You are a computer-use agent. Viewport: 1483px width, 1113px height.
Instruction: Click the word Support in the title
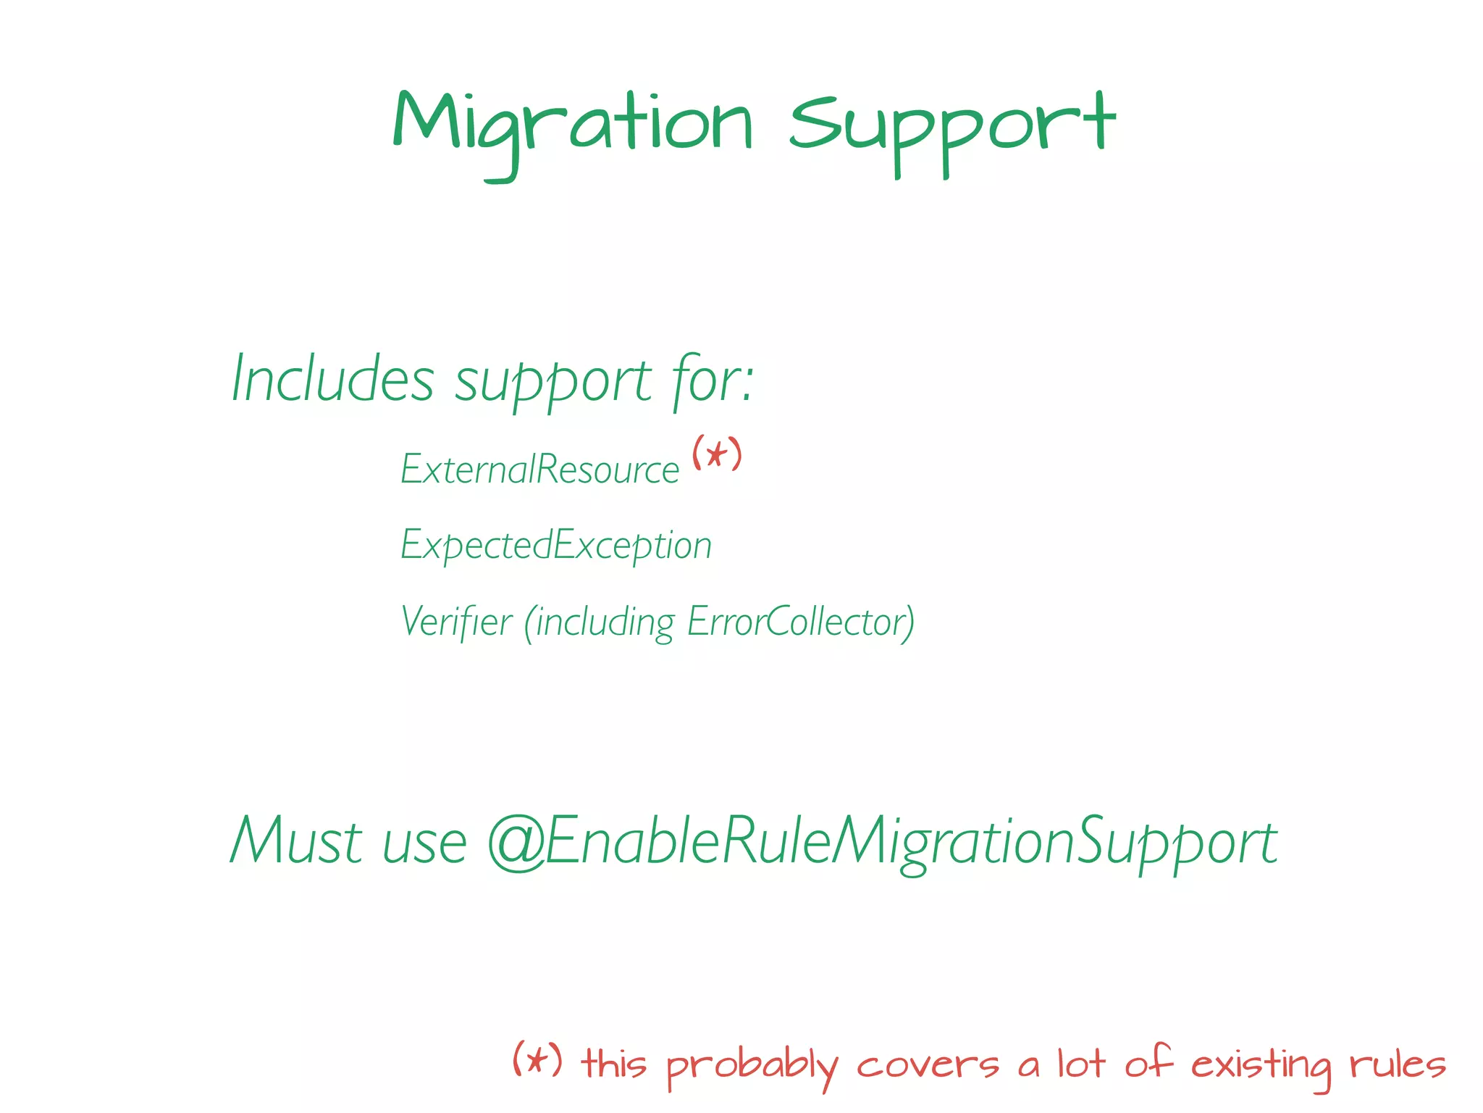[951, 128]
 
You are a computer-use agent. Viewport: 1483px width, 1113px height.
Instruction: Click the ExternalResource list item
[540, 470]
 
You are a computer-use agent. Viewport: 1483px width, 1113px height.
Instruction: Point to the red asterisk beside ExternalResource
[717, 454]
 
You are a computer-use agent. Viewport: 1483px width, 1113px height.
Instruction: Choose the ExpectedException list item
[556, 545]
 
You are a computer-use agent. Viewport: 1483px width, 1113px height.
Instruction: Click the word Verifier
[456, 622]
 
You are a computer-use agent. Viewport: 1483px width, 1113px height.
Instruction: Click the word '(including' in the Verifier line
[600, 622]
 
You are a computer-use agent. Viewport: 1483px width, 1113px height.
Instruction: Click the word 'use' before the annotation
[424, 845]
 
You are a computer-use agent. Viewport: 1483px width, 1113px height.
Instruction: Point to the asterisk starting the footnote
[537, 1060]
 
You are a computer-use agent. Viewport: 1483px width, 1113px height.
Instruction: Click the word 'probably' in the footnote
[751, 1066]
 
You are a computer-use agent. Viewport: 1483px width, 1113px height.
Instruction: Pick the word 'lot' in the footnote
[1080, 1064]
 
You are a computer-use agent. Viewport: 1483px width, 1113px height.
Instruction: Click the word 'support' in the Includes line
[553, 381]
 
